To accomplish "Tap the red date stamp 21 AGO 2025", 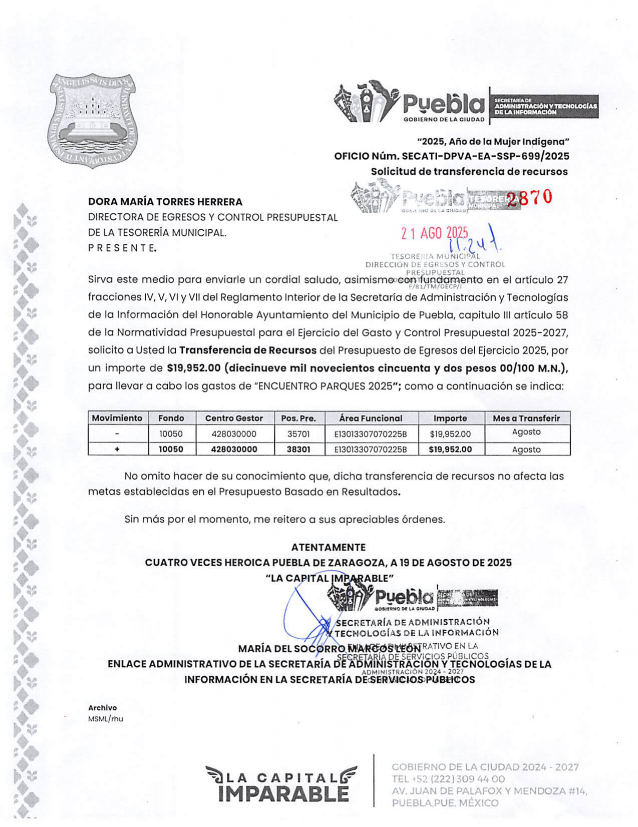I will coord(434,233).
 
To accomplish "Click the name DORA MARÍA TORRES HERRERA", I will coord(165,202).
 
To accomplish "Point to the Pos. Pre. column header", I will coord(298,418).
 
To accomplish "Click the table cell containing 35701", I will coord(298,434).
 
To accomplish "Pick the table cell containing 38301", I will coord(298,450).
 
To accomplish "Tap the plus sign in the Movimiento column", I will coord(117,450).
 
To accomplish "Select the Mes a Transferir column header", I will coord(526,418).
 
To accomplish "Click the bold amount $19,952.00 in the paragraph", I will coord(194,368).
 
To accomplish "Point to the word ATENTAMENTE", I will coord(329,547).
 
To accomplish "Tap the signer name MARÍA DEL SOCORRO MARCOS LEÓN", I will coord(329,649).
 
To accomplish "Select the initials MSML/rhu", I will coord(105,719).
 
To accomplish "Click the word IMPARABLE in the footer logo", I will coord(283,794).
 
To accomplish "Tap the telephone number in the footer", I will coord(448,779).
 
